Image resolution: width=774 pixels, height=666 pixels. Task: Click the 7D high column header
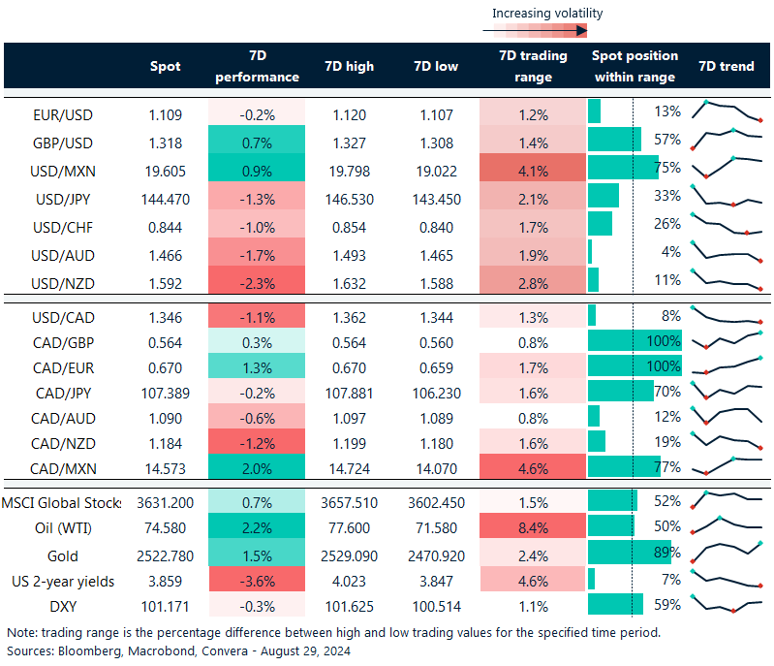click(348, 67)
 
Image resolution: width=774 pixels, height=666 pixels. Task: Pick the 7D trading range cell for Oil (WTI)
click(533, 528)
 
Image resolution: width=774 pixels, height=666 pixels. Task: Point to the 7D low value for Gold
click(432, 556)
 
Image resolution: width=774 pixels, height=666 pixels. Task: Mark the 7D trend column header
click(726, 67)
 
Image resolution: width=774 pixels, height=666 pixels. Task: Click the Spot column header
click(166, 67)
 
